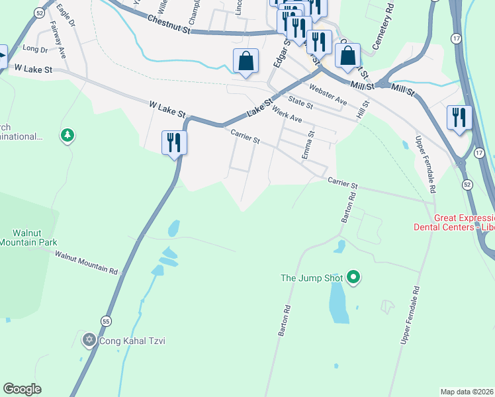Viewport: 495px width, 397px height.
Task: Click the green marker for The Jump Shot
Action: (353, 278)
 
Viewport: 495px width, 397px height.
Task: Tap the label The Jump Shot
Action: (312, 278)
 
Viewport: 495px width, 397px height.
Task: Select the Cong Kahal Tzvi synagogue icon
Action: (89, 341)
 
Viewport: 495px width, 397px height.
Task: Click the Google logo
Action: (22, 389)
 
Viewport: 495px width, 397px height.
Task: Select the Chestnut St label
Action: (169, 25)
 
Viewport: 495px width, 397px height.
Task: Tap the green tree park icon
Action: (66, 136)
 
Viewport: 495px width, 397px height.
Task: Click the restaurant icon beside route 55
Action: (175, 142)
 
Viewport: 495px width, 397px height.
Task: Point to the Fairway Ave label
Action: (59, 40)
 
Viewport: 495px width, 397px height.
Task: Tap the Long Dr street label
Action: (35, 49)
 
